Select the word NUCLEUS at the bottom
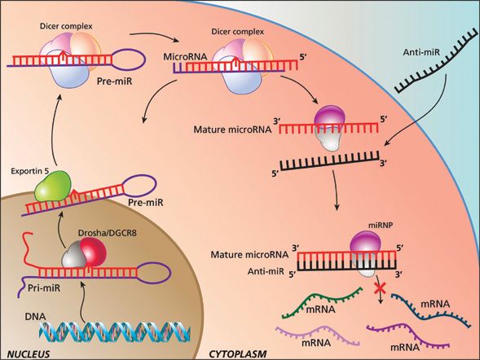(25, 353)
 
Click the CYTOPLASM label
(239, 353)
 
